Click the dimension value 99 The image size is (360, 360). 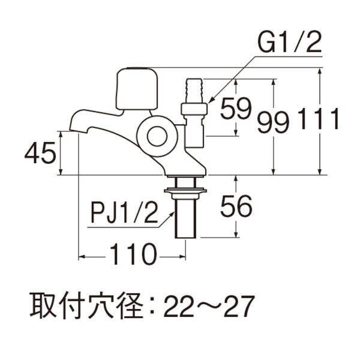[273, 122]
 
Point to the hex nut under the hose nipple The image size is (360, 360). [194, 109]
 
